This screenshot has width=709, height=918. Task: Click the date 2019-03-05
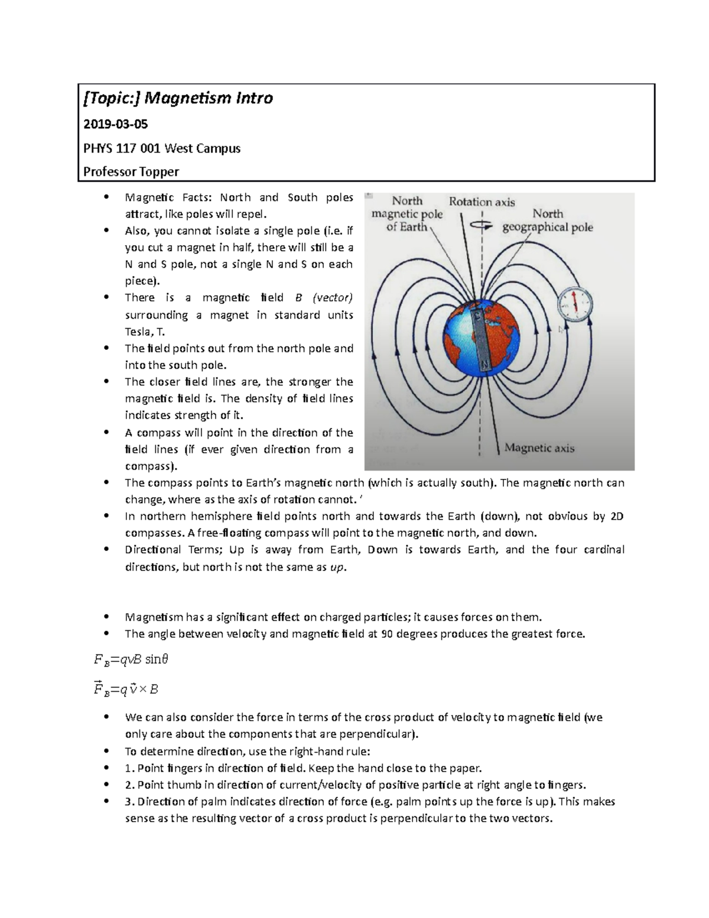tap(115, 124)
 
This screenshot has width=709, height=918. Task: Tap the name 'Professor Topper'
tap(131, 172)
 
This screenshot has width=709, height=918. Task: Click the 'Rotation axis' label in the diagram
tap(482, 202)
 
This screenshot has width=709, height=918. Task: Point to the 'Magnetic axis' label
tap(539, 448)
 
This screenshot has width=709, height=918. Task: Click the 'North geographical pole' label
tap(547, 220)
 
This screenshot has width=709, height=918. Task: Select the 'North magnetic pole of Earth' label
tap(406, 213)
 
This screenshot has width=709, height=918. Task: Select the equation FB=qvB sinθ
tap(131, 659)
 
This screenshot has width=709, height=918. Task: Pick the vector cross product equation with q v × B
tap(126, 689)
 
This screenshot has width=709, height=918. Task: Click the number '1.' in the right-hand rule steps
tap(129, 768)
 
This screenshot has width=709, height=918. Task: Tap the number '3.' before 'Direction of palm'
tap(129, 802)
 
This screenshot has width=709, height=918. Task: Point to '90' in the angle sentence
tap(387, 634)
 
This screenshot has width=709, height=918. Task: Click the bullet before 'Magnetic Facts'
tap(106, 197)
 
